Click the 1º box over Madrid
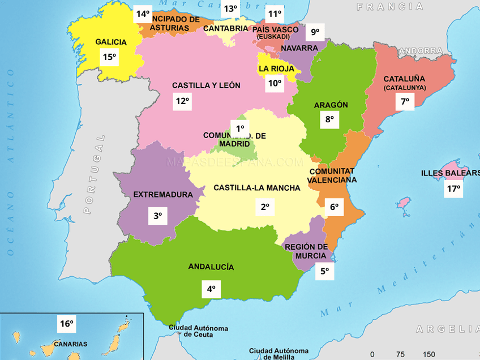point(240,128)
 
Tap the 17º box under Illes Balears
point(453,188)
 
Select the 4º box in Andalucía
point(211,289)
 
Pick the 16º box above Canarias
point(67,324)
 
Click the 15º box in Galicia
point(109,56)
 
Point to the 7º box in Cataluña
point(405,102)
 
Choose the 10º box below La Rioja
point(275,83)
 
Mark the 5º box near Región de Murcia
point(324,271)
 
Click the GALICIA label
point(110,42)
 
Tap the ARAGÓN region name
point(331,105)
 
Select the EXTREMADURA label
point(163,195)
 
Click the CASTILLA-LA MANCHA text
point(256,188)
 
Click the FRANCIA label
point(389,7)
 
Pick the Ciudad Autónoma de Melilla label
point(278,353)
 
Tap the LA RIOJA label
point(276,68)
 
